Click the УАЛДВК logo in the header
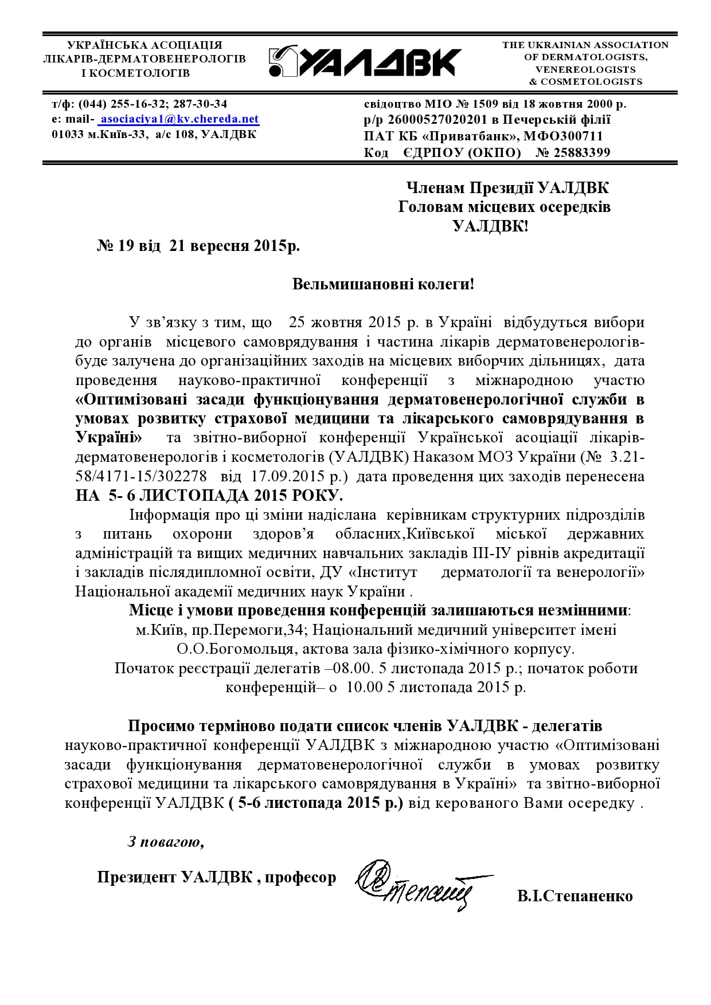(365, 61)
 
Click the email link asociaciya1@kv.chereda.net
(179, 119)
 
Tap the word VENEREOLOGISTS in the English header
(585, 69)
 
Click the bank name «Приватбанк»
(473, 136)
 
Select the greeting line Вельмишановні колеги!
(383, 284)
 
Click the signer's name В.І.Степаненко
(575, 896)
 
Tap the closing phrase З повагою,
(166, 842)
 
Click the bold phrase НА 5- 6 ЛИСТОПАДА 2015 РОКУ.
(209, 495)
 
